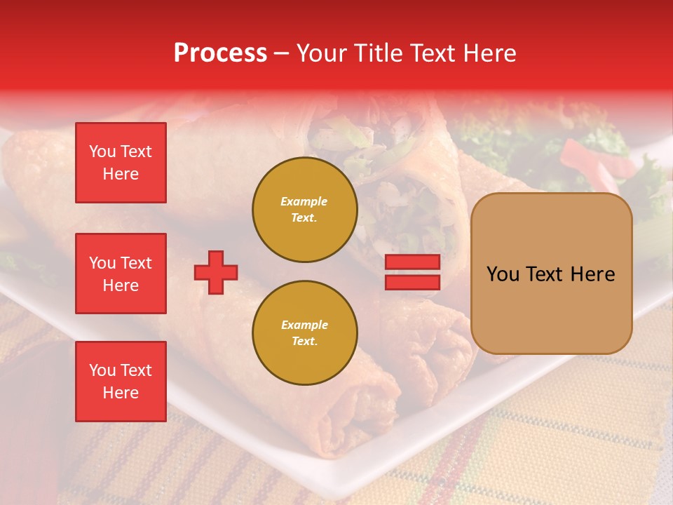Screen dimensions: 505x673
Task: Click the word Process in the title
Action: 220,53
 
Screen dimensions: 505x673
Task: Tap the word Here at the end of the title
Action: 488,53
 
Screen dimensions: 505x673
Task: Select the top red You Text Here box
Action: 121,163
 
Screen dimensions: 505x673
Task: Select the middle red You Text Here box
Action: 121,274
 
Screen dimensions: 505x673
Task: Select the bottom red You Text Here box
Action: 121,382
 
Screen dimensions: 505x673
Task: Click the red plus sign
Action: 216,272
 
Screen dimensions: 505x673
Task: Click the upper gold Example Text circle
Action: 305,210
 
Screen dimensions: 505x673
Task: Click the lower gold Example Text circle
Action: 305,332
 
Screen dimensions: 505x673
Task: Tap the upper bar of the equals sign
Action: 412,262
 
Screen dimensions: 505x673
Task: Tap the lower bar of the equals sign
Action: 412,282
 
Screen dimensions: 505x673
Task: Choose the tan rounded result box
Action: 551,274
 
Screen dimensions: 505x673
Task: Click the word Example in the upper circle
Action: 304,201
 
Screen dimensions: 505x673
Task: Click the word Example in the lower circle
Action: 304,325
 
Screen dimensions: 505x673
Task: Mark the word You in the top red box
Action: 102,151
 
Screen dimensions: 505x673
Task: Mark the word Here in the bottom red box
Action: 121,393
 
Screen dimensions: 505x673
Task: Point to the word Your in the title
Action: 320,53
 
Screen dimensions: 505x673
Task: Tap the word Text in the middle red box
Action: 135,263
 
